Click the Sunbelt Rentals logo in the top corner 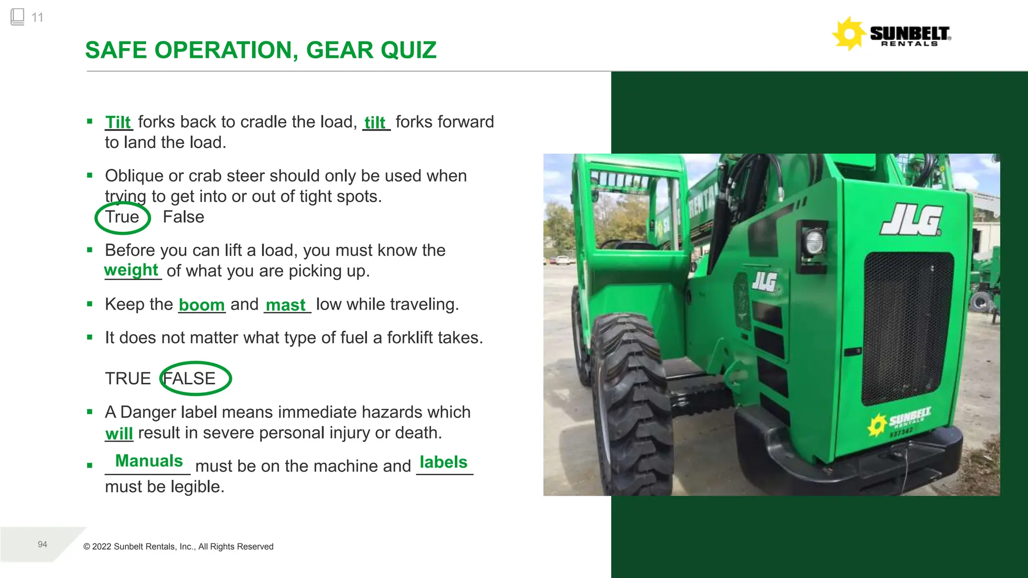point(891,34)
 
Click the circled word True point(122,217)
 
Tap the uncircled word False point(183,217)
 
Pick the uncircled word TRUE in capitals point(127,378)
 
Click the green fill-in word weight point(131,270)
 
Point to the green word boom point(201,305)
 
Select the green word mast point(286,305)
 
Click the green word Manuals point(149,461)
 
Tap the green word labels point(443,462)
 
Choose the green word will point(119,433)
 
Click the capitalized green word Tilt point(118,122)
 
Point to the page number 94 point(43,544)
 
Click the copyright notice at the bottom point(178,546)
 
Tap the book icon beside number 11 point(17,17)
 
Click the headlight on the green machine point(813,242)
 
